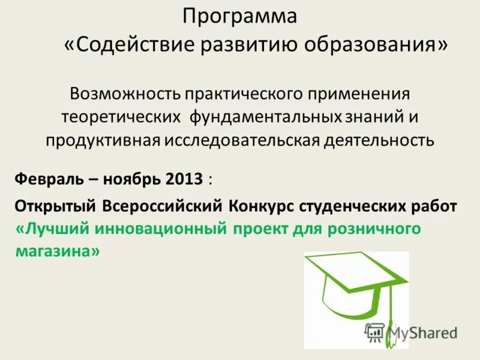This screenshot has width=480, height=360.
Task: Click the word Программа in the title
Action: [x=239, y=17]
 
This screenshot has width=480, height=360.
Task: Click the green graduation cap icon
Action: [x=354, y=288]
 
